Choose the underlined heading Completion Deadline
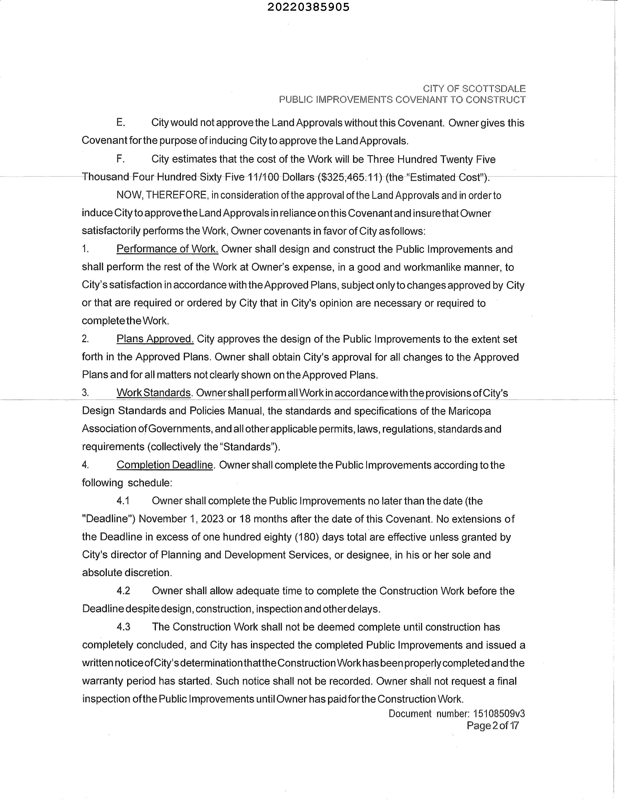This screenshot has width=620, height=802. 164,465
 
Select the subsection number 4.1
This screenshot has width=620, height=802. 123,501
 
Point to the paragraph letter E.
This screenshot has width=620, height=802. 120,123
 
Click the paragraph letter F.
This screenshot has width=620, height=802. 120,159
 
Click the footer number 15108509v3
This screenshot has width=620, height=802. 499,714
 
